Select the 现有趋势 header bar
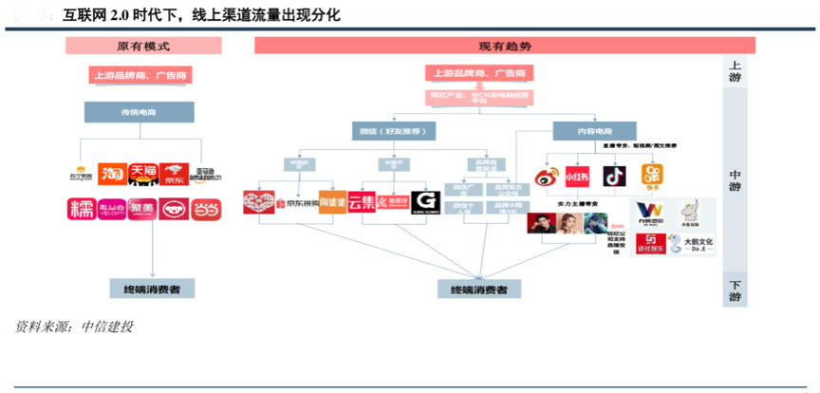[504, 46]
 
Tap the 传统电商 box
[139, 112]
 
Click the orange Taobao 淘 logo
[112, 173]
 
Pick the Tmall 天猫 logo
[143, 173]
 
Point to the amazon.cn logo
[204, 173]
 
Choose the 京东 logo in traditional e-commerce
[174, 173]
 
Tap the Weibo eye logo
[546, 177]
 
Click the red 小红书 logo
[578, 177]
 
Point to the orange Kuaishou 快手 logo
[653, 177]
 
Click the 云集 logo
[362, 201]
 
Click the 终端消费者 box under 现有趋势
[479, 289]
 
